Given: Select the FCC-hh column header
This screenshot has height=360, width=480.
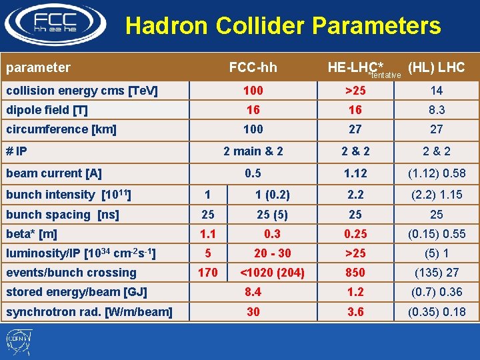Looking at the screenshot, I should pos(253,67).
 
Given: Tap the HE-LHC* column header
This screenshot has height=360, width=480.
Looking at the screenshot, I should pos(355,67).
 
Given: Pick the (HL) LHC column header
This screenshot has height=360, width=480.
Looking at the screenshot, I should pos(436,67).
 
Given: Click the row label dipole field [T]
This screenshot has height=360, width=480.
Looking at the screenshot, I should pos(47,110).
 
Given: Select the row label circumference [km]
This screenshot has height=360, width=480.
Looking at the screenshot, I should pos(61,129).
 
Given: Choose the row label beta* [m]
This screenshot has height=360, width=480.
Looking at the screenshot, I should pos(31,234).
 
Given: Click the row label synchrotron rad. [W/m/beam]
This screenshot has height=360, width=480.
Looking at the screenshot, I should pos(89,312).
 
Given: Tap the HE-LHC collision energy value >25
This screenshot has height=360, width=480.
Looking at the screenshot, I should pos(355,91).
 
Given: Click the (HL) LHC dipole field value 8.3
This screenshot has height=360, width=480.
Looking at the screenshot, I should pos(436,110).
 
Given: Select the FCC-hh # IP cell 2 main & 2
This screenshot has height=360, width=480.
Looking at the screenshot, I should pos(253,151).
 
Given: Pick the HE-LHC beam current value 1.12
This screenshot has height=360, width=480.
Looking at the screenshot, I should pos(355,173).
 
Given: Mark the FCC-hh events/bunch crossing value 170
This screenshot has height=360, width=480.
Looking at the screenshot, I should pos(208,272).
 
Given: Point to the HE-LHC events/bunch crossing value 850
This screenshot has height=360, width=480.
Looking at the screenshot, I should pos(355,272).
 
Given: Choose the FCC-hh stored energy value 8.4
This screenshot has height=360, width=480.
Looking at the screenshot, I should pos(253,292).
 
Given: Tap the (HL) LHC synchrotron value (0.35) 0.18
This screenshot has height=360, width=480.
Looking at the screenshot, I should pos(436,312).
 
